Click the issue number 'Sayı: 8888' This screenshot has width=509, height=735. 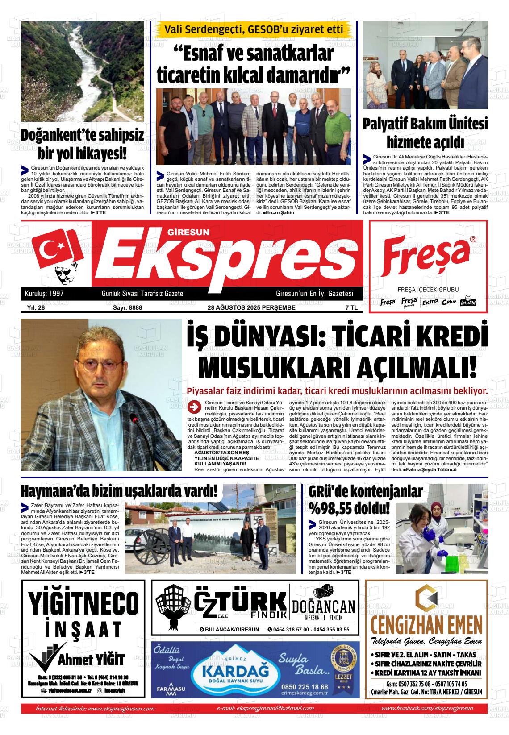click(x=124, y=307)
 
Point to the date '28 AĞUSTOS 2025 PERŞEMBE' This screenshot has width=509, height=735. click(x=251, y=307)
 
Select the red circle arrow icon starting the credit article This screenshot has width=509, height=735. click(x=194, y=407)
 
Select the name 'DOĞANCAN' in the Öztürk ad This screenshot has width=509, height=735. click(x=323, y=606)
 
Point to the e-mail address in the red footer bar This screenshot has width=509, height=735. click(x=265, y=708)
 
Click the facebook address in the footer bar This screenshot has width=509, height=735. click(x=427, y=708)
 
